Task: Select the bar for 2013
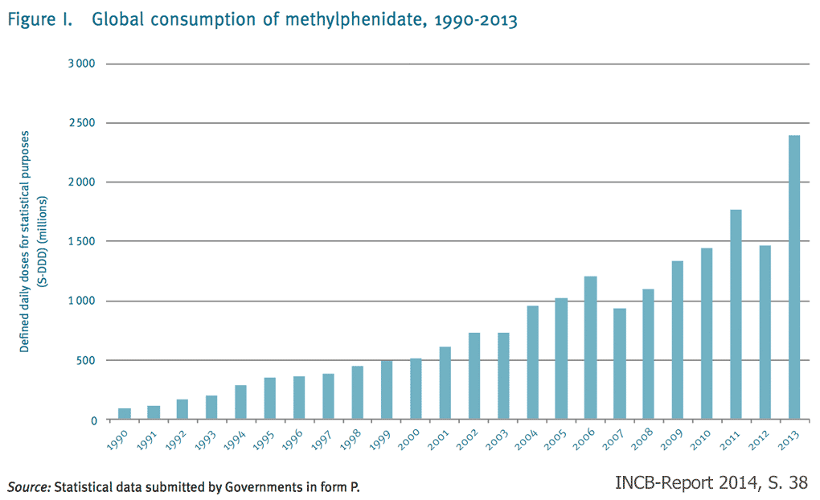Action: click(793, 277)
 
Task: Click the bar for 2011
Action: click(736, 314)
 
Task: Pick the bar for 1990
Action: click(125, 414)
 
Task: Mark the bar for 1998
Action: click(357, 393)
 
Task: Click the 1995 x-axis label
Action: click(265, 445)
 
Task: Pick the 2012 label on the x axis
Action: click(761, 445)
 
